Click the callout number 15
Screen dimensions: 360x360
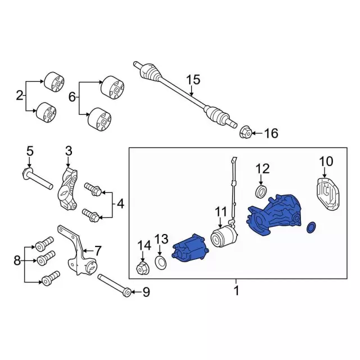coord(193,80)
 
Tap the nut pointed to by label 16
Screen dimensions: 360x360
coord(246,133)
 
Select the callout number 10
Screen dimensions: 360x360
coord(326,161)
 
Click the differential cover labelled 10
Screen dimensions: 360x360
coord(327,194)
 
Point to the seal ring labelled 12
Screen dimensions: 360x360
coord(261,191)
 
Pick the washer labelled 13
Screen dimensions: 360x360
coord(161,263)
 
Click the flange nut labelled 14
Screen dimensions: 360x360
coord(143,268)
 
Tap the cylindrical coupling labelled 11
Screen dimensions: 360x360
coord(224,236)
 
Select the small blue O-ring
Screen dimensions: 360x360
coord(311,228)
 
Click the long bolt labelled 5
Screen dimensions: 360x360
coord(38,179)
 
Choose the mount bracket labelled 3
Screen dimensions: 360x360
coord(67,189)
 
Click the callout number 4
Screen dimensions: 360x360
coord(120,204)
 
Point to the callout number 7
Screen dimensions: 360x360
coord(97,251)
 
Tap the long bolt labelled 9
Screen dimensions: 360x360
coord(115,285)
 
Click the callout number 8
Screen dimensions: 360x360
coord(17,261)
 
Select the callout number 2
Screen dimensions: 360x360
coord(20,96)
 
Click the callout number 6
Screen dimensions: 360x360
coord(72,97)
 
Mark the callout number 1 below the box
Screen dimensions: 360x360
coord(236,291)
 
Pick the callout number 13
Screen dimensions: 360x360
coord(161,240)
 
